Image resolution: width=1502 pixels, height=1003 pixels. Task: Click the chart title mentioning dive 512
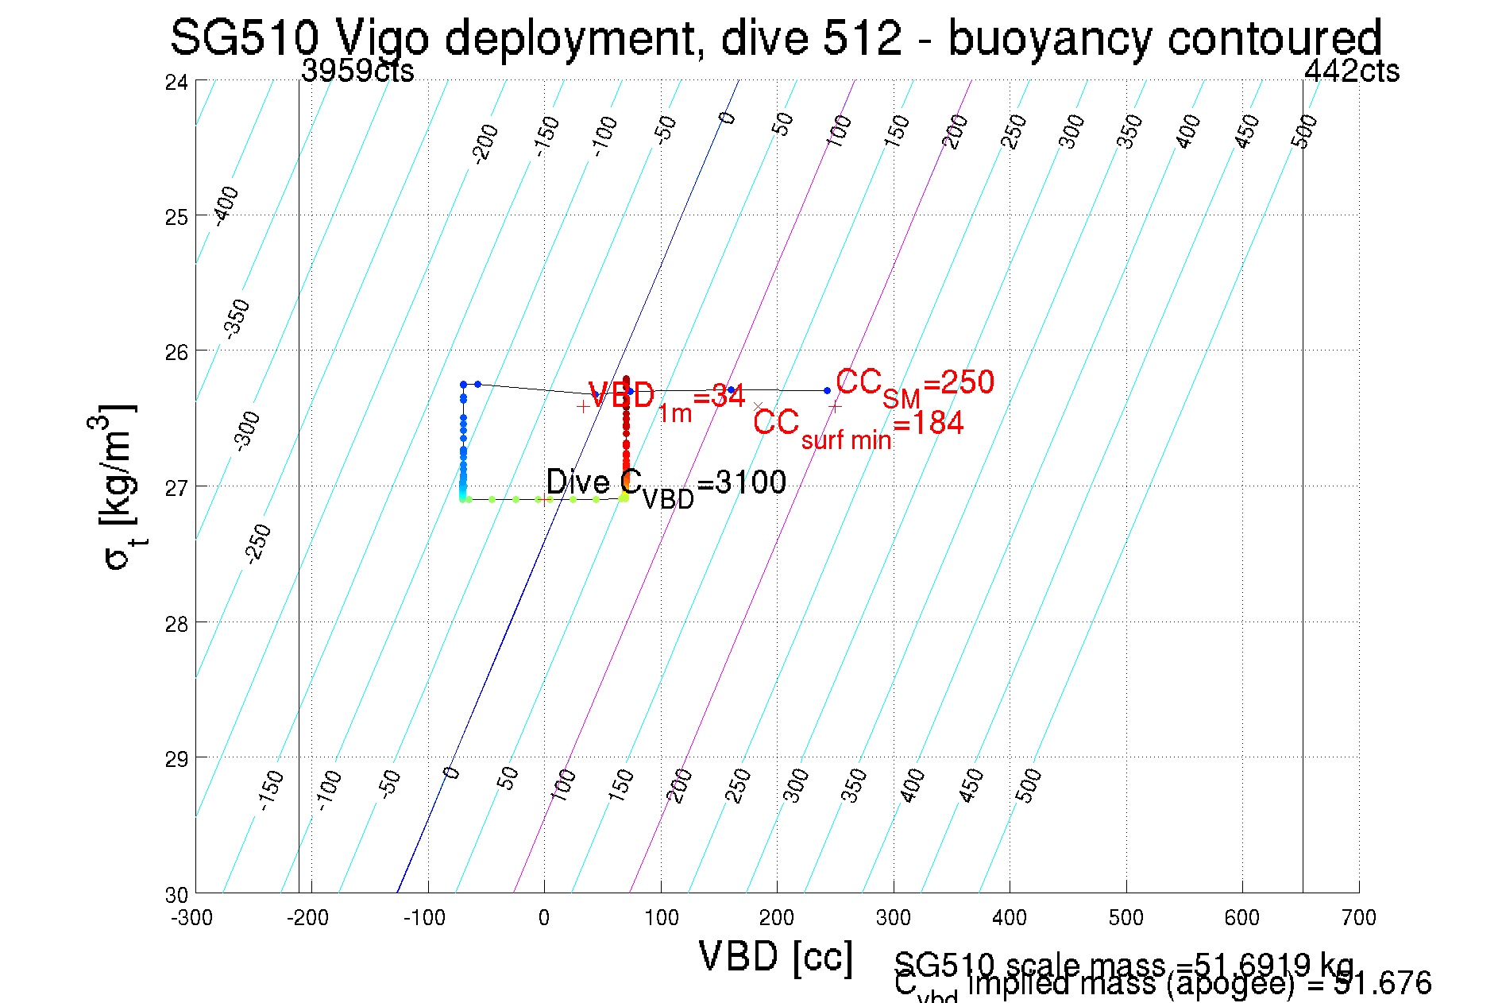coord(775,38)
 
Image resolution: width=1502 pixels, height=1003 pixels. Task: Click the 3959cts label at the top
coord(357,72)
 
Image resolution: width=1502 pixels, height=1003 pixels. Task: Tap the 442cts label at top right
coord(1351,72)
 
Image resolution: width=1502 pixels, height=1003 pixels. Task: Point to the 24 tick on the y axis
coord(176,82)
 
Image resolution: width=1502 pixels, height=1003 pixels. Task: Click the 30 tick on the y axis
coord(176,895)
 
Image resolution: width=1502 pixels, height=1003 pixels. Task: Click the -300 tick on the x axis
coord(192,918)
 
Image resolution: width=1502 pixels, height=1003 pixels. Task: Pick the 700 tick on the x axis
coord(1358,918)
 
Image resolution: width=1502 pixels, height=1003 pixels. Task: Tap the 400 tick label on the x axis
coord(1010,918)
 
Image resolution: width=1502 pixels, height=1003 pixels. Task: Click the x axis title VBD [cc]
coord(775,956)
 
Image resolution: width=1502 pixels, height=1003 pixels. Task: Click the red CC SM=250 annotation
coord(914,385)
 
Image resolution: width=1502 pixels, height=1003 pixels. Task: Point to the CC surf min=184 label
coord(858,427)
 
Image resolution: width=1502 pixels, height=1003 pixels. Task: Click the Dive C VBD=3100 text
coord(666,485)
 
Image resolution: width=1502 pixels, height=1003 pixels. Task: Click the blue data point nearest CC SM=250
coord(827,390)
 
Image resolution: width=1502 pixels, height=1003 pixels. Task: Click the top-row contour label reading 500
coord(1304,131)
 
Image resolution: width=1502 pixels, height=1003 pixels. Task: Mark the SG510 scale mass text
coord(1124,965)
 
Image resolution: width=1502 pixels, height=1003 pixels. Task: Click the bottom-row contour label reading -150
coord(272,789)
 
